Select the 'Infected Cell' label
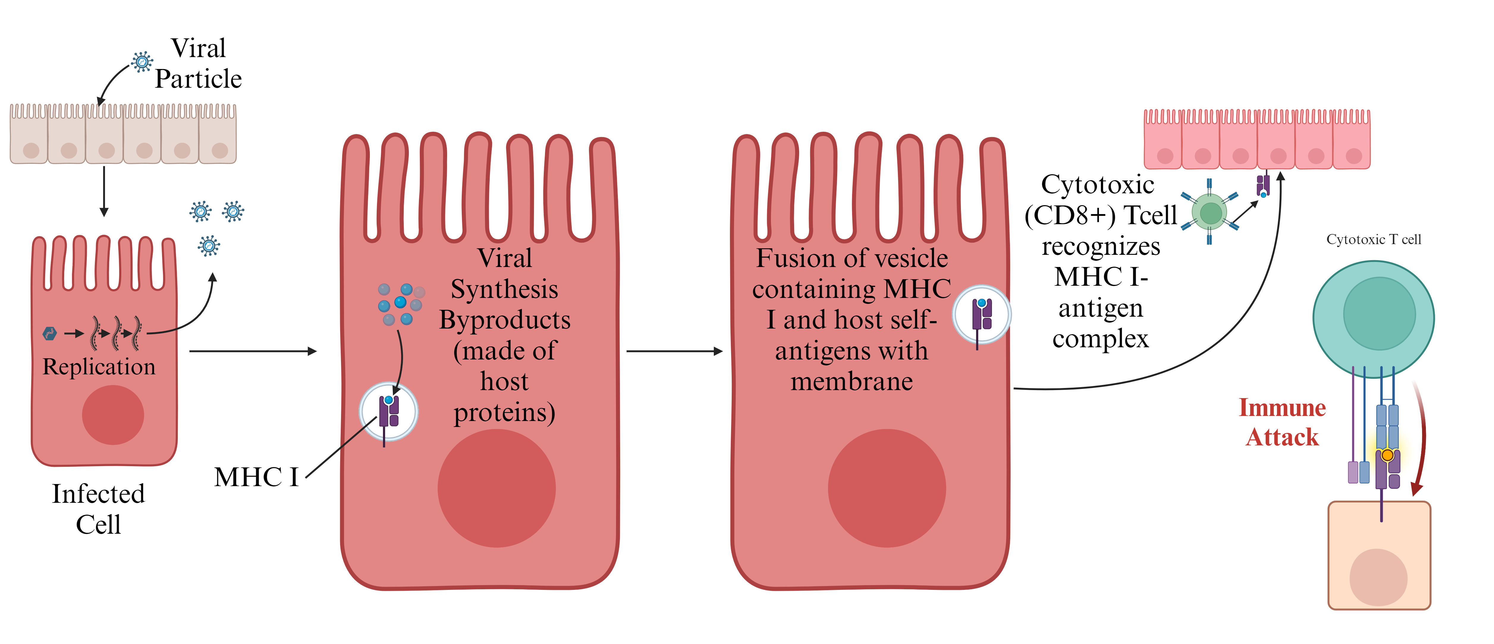point(99,509)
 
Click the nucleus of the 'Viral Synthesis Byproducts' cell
point(497,488)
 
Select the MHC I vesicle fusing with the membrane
point(982,315)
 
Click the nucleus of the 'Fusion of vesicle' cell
point(887,488)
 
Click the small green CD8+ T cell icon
point(1210,212)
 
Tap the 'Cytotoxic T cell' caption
point(1373,240)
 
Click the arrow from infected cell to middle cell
point(253,351)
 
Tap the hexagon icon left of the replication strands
point(50,334)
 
